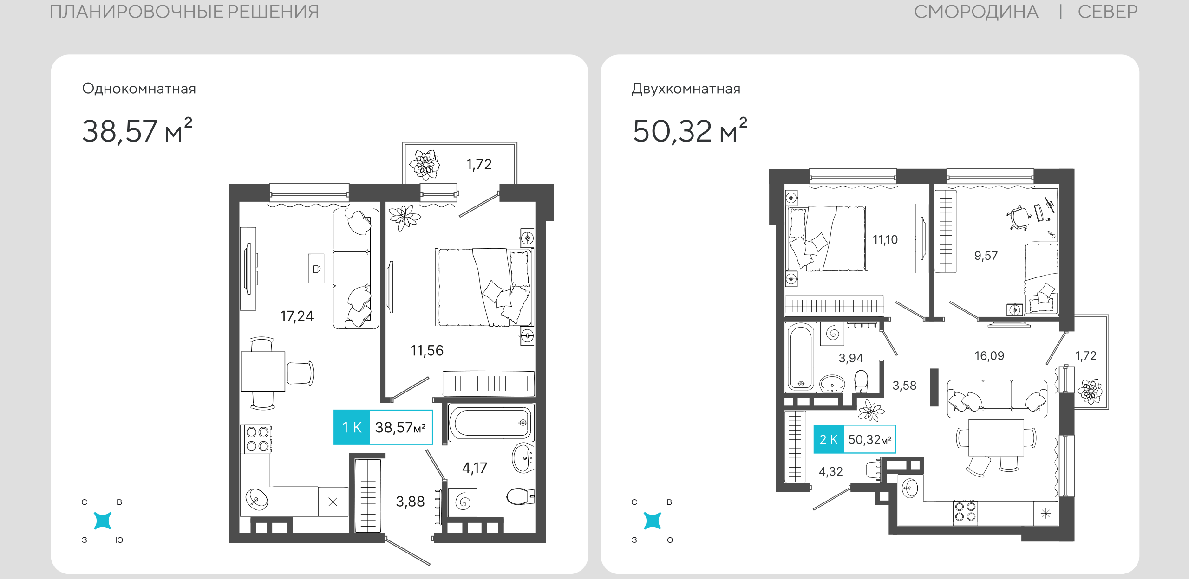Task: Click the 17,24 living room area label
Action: pyautogui.click(x=297, y=316)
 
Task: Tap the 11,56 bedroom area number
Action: pyautogui.click(x=427, y=351)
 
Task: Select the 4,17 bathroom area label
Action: pyautogui.click(x=475, y=468)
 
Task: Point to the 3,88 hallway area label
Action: pyautogui.click(x=410, y=502)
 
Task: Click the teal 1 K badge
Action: pyautogui.click(x=352, y=427)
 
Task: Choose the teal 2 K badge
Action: pyautogui.click(x=829, y=439)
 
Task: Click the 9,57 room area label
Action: pyautogui.click(x=986, y=256)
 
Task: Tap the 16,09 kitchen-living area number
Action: pyautogui.click(x=989, y=356)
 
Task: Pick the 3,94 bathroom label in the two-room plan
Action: pyautogui.click(x=851, y=358)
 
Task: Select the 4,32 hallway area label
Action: pyautogui.click(x=831, y=472)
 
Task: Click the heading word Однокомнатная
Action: pyautogui.click(x=139, y=89)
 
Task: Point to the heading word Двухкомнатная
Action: pyautogui.click(x=686, y=89)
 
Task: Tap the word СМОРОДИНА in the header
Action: pyautogui.click(x=976, y=12)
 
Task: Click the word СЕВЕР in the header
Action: pyautogui.click(x=1108, y=12)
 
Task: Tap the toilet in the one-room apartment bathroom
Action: pyautogui.click(x=520, y=496)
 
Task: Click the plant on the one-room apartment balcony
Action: pyautogui.click(x=425, y=165)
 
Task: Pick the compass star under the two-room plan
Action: pyautogui.click(x=652, y=521)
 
